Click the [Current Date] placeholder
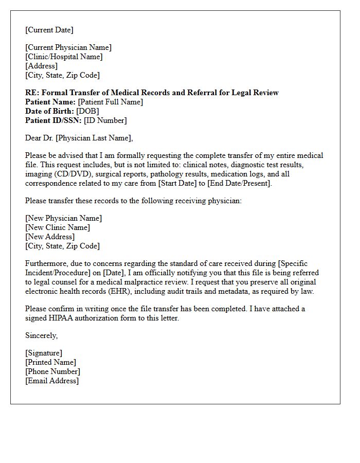49,30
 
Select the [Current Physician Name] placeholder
68,47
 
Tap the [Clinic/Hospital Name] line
64,57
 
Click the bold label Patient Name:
50,102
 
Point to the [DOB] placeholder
87,111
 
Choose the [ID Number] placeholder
105,120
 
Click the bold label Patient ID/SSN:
53,120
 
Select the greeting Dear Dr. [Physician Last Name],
79,138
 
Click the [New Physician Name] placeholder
64,218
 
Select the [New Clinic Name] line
58,227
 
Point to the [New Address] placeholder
50,237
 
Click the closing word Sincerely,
42,335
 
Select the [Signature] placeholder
44,353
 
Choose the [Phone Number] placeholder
52,371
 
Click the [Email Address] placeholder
52,381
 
